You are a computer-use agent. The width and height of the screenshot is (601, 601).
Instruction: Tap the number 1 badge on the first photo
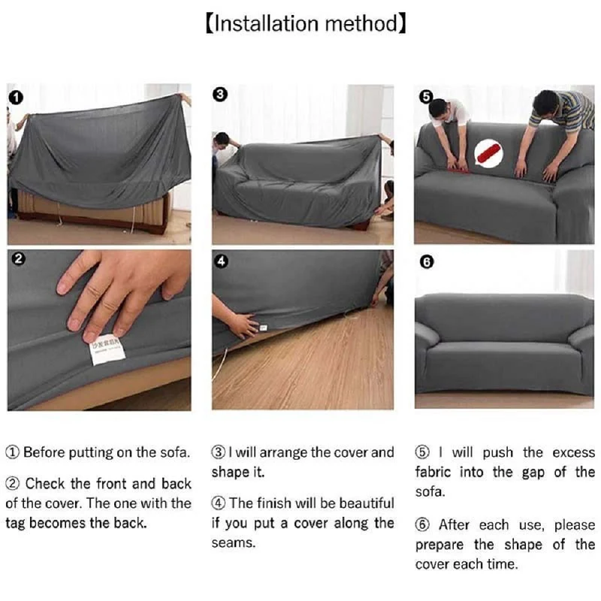[17, 97]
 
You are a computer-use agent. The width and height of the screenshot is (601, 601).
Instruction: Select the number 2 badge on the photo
[18, 260]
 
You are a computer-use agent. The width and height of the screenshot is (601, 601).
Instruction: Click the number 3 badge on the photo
[220, 95]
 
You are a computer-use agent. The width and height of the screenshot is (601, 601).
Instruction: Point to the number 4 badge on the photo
[220, 261]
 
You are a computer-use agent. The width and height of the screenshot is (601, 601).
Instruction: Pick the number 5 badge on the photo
[426, 96]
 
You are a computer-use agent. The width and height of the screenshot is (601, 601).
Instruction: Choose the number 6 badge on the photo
[426, 261]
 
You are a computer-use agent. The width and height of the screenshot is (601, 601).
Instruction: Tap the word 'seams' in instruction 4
[234, 542]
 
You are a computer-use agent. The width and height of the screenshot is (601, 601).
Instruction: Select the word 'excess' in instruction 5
[573, 452]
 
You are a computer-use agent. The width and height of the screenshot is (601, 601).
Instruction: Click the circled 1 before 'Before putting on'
[13, 453]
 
